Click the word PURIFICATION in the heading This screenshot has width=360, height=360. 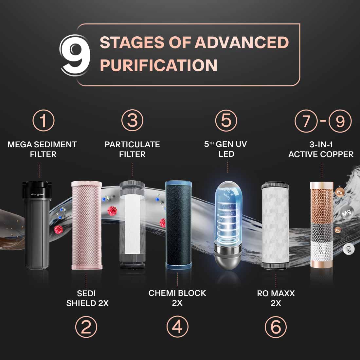(x=158, y=65)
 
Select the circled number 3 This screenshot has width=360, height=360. (x=132, y=120)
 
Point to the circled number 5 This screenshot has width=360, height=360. (x=226, y=120)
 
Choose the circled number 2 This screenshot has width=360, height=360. (x=86, y=327)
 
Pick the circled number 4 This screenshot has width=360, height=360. (x=177, y=327)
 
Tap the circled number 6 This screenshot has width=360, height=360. (x=276, y=327)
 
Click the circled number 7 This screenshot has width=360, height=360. (x=306, y=121)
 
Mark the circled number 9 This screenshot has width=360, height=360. (x=340, y=121)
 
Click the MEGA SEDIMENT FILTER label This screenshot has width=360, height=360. (x=42, y=149)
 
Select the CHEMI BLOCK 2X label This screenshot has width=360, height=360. (x=177, y=298)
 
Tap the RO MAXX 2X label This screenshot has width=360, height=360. (x=276, y=298)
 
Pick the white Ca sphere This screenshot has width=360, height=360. (x=349, y=249)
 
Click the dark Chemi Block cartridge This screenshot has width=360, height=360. (x=178, y=226)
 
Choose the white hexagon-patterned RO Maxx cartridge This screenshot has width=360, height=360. (x=276, y=226)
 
